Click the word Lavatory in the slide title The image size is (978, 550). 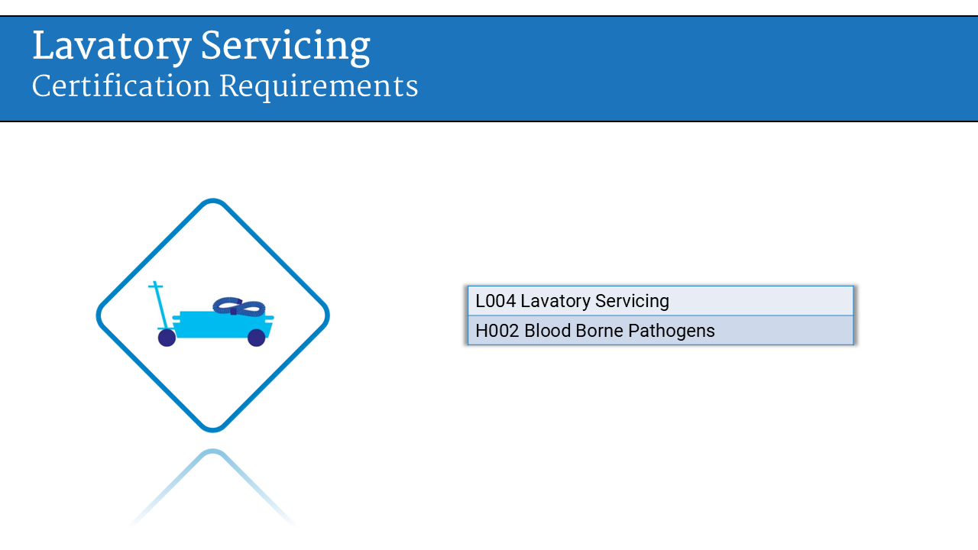point(111,47)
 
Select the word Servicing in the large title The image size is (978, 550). point(285,47)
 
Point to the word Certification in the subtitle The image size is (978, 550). point(121,86)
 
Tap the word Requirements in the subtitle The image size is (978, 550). point(319,86)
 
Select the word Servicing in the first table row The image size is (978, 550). point(632,301)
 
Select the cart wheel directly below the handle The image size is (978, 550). point(167,338)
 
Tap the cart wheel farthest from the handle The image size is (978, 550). point(257,338)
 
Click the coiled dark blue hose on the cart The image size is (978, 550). point(238,306)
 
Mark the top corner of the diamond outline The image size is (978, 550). point(213,202)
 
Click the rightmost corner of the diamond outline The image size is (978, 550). point(327,315)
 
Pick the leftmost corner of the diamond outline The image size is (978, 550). point(99,315)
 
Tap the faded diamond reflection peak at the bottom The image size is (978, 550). point(212,453)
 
